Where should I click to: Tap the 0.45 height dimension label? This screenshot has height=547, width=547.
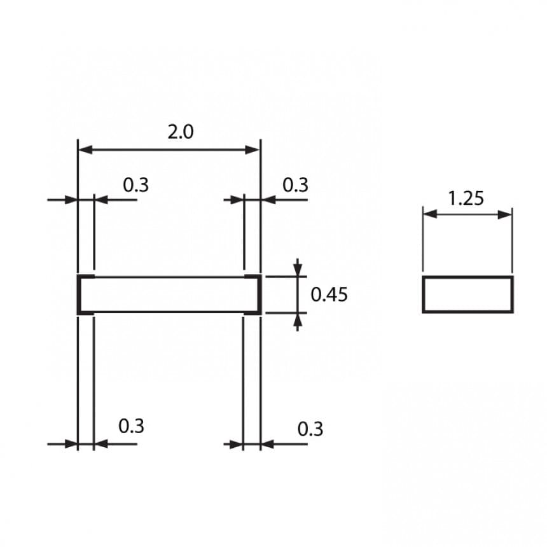tap(329, 295)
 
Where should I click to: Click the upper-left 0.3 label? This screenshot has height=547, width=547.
tap(135, 185)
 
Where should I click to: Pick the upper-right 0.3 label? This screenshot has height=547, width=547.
tap(294, 185)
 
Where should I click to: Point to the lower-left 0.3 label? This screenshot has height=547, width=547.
tap(132, 426)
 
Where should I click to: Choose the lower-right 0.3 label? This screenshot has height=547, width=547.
tap(310, 429)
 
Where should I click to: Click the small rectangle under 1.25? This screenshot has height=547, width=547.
tap(467, 294)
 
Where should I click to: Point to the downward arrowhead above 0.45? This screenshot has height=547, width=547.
tap(297, 270)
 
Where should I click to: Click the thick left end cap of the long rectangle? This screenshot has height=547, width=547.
tap(80, 295)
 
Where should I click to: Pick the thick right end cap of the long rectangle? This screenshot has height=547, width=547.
tap(259, 295)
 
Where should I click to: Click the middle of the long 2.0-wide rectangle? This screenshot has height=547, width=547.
tap(169, 295)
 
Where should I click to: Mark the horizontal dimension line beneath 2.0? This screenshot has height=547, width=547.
tap(169, 150)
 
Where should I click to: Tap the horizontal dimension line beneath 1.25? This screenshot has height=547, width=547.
tap(467, 214)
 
